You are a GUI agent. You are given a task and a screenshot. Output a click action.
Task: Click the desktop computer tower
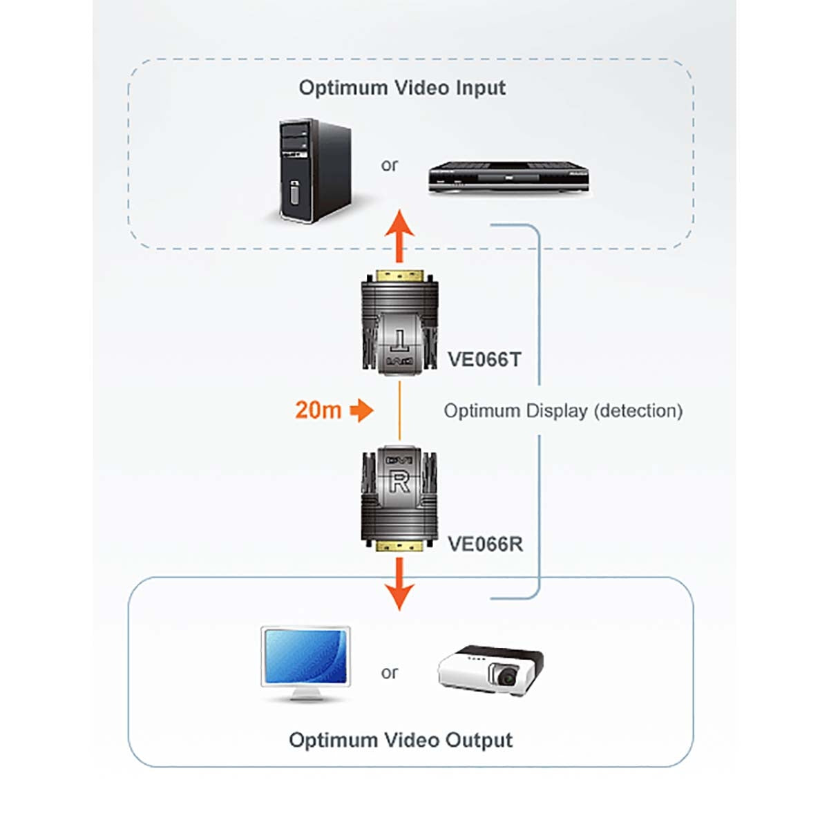pos(314,171)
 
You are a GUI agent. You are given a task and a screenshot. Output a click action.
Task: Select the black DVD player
pos(508,178)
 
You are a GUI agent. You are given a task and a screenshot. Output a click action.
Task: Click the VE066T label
pos(484,359)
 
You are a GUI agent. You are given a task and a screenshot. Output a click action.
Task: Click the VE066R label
pos(485,544)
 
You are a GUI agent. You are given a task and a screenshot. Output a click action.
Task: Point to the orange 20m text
pos(318,410)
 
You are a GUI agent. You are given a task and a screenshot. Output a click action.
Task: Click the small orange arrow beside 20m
pos(361,410)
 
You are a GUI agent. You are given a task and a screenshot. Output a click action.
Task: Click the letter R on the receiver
pos(399,482)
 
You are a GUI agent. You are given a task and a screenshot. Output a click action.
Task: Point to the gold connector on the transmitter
pos(399,274)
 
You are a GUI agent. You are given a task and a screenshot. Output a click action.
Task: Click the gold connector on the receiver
pos(399,546)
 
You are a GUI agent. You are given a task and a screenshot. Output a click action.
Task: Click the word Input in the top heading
pos(480,88)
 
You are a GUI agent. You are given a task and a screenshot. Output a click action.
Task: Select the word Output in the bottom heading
pos(478,740)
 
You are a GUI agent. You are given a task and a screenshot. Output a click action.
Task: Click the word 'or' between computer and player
pos(390,165)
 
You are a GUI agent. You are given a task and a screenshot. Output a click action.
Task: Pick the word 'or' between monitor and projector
pos(390,672)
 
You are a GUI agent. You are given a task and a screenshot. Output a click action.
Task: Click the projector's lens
pos(508,676)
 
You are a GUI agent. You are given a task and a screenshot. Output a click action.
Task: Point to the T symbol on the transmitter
pos(399,340)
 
